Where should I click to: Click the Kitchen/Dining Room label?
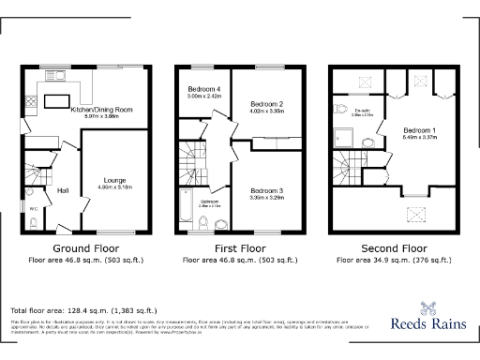[x=101, y=110]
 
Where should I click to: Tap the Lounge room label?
[x=114, y=178]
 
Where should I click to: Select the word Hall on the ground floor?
[x=64, y=191]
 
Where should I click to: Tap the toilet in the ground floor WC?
[x=34, y=221]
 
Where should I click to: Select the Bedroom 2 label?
[x=267, y=104]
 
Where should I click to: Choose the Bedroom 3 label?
[x=267, y=191]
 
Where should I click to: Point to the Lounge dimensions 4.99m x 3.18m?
[x=114, y=187]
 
